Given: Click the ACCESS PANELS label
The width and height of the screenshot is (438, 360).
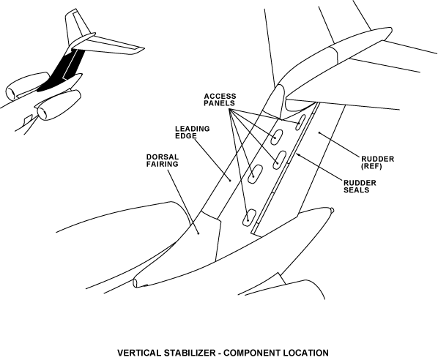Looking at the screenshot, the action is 220,100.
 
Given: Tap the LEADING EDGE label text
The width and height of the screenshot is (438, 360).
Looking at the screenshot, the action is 192,132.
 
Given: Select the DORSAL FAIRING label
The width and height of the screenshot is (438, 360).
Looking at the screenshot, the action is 163,160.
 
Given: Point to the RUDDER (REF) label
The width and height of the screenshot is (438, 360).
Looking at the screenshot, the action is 378,162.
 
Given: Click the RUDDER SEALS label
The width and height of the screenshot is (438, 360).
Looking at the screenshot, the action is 360,187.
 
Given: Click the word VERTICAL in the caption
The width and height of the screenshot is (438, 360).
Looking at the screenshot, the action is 139,353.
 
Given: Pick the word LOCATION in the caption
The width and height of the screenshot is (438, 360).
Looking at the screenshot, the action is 306,353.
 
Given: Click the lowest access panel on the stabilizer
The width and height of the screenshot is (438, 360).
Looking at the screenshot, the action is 248,217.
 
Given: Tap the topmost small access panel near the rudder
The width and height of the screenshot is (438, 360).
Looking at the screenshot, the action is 300,122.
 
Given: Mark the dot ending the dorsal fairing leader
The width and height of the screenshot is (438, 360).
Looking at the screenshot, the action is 198,233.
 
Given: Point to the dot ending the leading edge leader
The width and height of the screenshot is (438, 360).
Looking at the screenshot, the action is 230,180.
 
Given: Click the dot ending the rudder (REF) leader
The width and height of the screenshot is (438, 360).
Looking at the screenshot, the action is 319,132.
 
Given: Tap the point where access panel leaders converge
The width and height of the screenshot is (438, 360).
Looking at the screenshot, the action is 229,109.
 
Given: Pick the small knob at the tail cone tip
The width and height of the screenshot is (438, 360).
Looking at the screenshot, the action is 332,210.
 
